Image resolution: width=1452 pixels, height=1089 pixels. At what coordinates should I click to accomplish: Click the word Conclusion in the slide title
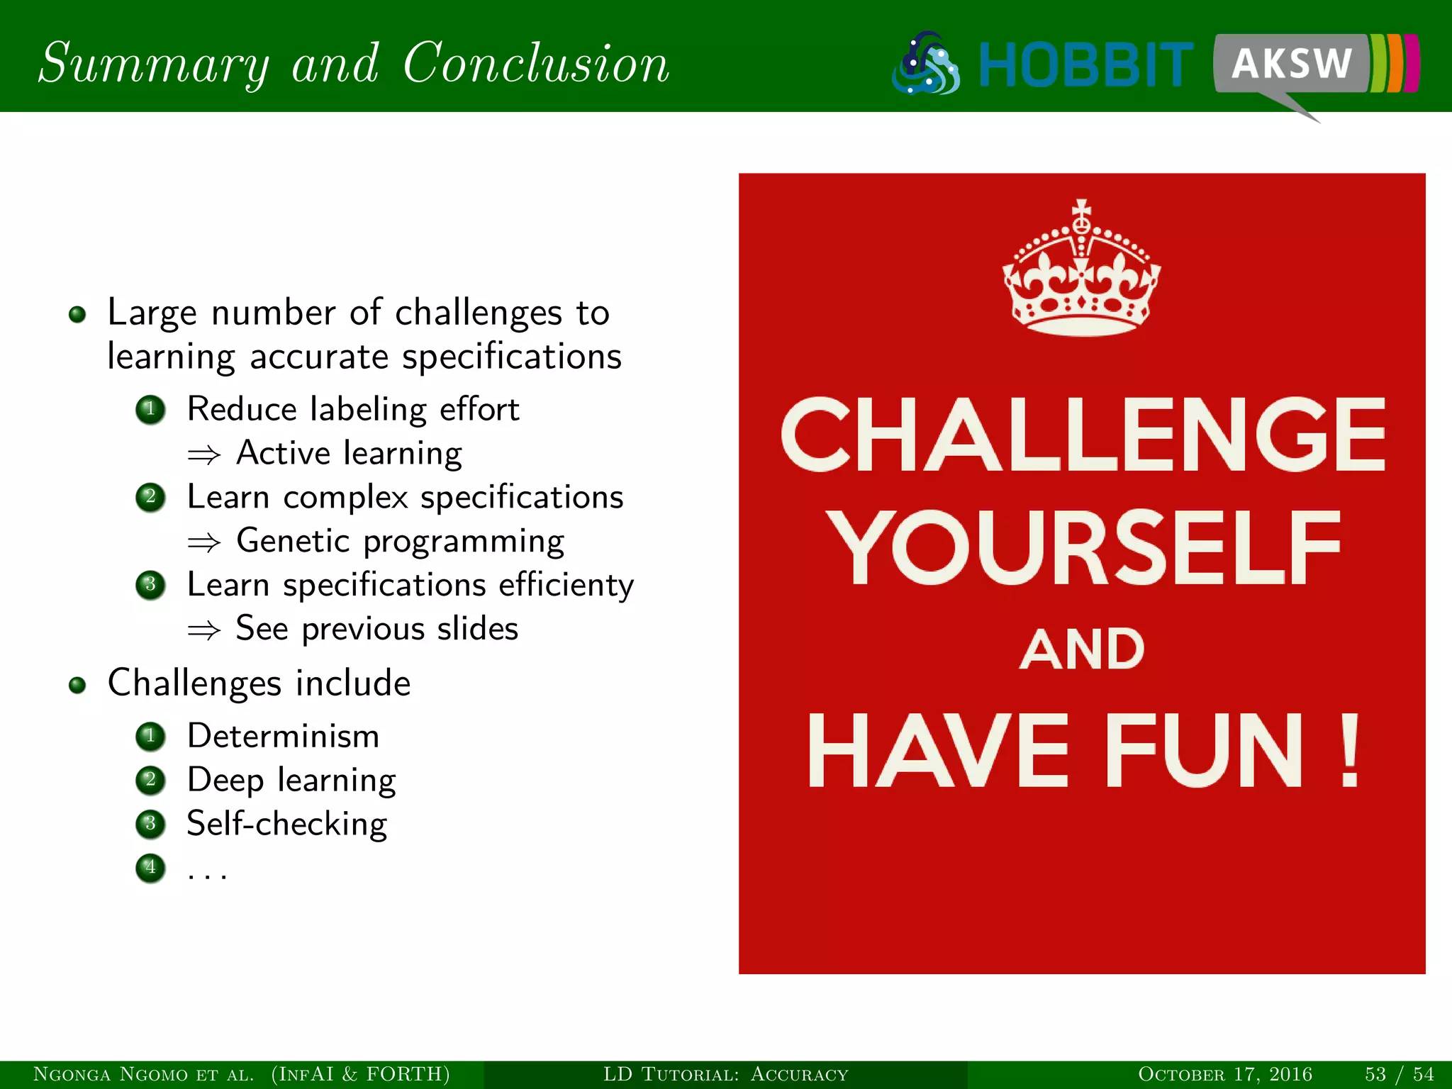(x=536, y=64)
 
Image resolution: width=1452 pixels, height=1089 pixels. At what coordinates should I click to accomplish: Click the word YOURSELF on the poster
(x=1083, y=547)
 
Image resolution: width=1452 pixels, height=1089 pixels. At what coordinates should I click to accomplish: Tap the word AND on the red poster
(x=1082, y=649)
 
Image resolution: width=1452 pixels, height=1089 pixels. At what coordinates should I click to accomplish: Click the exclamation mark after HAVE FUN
(x=1350, y=752)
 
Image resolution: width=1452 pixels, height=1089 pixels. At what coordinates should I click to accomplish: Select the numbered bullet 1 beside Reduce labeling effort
(x=150, y=409)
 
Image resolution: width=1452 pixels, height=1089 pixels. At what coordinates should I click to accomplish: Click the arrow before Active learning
(x=204, y=454)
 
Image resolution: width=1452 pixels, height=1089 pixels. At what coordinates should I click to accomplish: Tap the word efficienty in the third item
(x=566, y=586)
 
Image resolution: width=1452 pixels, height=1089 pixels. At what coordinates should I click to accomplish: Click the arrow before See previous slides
(x=204, y=630)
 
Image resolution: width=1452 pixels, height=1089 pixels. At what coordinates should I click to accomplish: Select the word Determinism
(x=283, y=736)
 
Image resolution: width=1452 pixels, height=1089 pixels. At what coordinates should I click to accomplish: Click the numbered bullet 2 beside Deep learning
(x=150, y=780)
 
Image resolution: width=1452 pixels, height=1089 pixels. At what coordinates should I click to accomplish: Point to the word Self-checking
(x=286, y=824)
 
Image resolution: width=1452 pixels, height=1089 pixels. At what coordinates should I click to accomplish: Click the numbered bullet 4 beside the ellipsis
(x=150, y=867)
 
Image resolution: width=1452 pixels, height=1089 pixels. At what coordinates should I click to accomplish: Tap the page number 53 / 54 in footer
(x=1399, y=1074)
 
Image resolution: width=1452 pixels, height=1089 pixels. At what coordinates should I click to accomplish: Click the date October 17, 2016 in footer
(x=1224, y=1074)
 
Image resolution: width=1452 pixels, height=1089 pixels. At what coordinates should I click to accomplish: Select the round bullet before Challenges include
(x=77, y=685)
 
